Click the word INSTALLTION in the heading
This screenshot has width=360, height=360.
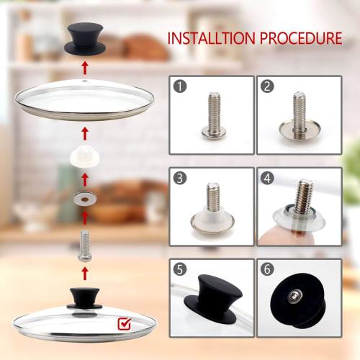pos(210,37)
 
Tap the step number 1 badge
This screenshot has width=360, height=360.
pos(180,86)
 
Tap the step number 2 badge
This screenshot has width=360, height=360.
pos(268,86)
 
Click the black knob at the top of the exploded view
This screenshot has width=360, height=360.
pos(85,37)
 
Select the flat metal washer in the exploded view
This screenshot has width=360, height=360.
pos(85,196)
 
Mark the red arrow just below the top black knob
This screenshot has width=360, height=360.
pos(85,69)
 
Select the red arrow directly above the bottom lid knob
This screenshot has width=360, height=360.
pos(85,273)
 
